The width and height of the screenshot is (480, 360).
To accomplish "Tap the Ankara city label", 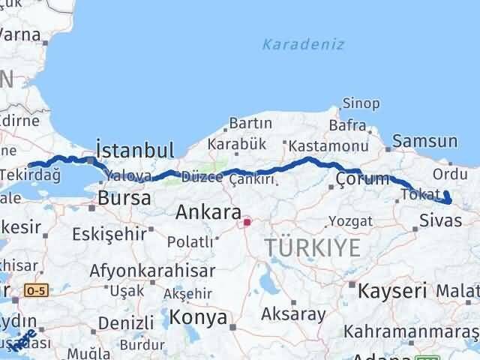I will (208, 212).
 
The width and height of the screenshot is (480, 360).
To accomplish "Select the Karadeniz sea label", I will (303, 44).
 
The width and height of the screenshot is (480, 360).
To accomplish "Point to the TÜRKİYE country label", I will (312, 247).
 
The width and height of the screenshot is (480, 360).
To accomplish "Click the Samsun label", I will (425, 140).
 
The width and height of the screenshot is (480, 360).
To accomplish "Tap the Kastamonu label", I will (328, 145).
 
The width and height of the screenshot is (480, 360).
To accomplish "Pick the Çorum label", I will (363, 179).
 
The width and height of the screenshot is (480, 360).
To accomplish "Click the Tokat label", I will (420, 194).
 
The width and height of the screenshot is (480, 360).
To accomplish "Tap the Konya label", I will (199, 317).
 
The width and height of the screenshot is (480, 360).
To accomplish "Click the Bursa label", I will (124, 199).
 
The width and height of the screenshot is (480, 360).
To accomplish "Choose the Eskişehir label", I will (109, 234).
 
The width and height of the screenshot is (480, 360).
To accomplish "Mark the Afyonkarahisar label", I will (152, 270).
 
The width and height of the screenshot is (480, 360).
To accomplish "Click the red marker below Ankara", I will (247, 222).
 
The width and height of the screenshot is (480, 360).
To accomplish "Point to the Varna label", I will (21, 34).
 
